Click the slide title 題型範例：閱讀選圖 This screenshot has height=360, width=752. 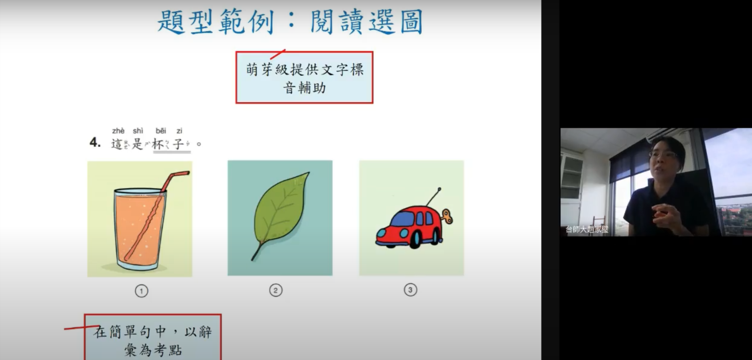290,22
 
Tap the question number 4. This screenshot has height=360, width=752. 95,142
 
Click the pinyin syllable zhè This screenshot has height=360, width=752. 118,131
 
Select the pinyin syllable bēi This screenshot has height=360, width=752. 161,131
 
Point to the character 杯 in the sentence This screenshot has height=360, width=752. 158,144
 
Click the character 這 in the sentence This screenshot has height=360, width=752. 116,144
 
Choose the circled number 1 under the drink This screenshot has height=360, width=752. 141,291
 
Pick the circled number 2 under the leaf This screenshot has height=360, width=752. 276,290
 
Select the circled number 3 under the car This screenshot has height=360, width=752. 410,290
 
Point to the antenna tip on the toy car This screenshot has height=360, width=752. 439,189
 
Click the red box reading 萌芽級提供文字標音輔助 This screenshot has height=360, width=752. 304,77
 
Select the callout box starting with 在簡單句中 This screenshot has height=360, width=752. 152,337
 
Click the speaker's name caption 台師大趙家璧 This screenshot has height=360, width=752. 587,229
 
